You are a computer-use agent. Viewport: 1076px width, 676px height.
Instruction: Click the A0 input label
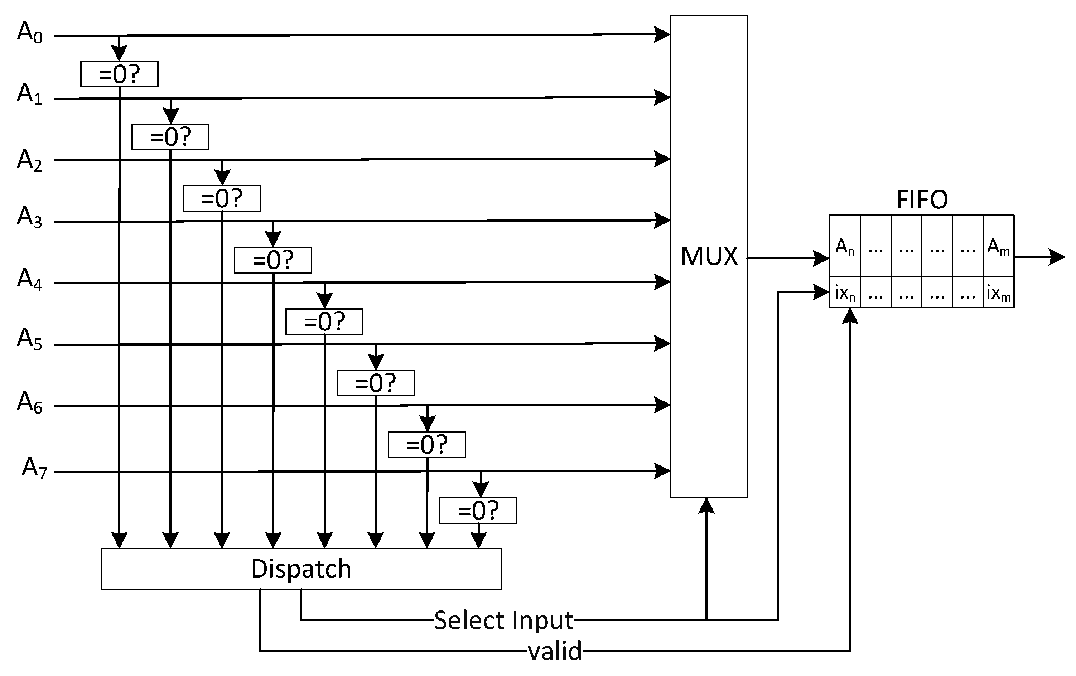(29, 33)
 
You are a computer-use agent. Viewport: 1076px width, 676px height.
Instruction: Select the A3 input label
(29, 218)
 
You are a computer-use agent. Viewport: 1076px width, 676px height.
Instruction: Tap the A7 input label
(34, 468)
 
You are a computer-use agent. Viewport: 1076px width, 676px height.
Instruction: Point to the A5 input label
(29, 339)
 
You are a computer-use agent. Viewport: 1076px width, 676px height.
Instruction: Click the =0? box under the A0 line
(119, 74)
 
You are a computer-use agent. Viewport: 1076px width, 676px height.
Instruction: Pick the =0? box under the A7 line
(478, 511)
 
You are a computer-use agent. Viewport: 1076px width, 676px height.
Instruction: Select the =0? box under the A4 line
(324, 322)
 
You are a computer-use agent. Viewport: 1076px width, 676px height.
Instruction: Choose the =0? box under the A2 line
(222, 198)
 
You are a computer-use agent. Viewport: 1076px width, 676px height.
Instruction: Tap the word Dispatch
(301, 569)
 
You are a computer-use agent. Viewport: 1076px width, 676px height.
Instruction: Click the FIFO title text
(922, 200)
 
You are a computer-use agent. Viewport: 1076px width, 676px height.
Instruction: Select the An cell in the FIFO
(845, 247)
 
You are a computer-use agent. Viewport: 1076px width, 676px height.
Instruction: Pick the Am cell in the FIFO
(998, 247)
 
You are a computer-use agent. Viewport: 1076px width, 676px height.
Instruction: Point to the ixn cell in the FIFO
(845, 293)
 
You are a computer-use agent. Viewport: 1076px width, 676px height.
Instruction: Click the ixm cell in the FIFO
(998, 293)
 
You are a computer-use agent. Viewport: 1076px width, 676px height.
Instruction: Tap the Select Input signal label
(503, 621)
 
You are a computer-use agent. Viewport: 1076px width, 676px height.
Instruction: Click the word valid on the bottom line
(555, 651)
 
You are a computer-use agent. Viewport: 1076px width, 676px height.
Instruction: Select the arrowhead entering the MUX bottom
(706, 506)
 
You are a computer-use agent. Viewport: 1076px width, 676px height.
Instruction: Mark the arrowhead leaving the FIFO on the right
(1056, 257)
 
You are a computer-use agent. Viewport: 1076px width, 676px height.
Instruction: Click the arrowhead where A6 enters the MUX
(662, 405)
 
